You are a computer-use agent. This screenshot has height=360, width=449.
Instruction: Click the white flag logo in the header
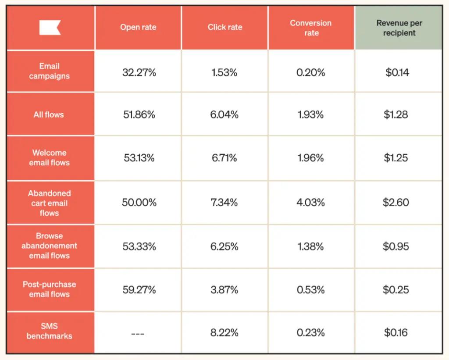click(x=50, y=28)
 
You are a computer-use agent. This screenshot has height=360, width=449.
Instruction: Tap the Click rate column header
click(x=224, y=28)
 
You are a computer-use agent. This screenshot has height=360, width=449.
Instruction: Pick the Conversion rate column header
click(x=311, y=28)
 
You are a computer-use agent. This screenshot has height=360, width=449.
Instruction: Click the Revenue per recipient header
click(x=399, y=28)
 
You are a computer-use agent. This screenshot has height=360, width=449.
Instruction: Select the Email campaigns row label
click(x=50, y=71)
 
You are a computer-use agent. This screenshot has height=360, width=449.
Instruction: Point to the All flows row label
click(x=49, y=115)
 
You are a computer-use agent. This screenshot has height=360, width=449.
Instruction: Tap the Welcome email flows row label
click(x=50, y=158)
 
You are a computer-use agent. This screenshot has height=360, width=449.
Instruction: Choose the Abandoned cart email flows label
click(x=50, y=203)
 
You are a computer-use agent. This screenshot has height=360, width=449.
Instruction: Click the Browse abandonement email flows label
click(x=50, y=246)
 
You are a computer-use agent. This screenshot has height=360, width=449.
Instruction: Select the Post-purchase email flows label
click(x=50, y=289)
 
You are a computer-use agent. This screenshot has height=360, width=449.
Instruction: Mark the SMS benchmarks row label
click(x=50, y=331)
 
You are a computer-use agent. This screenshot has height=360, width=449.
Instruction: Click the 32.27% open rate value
click(x=139, y=73)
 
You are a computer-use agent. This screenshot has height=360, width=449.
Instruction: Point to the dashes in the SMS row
click(x=137, y=334)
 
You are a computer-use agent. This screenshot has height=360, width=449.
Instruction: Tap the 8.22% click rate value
click(x=224, y=333)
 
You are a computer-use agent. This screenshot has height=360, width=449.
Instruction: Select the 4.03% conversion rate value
click(x=310, y=203)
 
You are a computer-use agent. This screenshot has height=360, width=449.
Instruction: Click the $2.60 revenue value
click(x=396, y=203)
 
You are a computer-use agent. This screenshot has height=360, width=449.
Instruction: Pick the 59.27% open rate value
click(x=139, y=290)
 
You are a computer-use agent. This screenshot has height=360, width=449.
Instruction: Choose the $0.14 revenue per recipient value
click(x=397, y=73)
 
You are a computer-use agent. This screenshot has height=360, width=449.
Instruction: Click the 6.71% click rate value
click(x=224, y=158)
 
